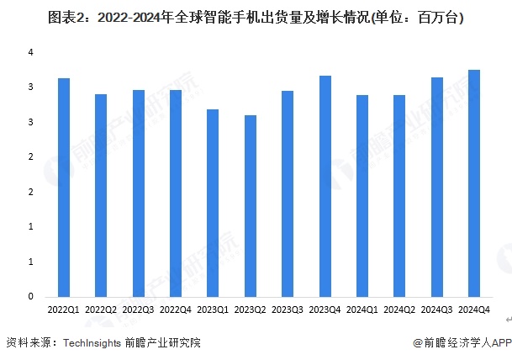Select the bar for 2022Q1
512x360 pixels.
63,188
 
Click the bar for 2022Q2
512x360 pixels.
101,195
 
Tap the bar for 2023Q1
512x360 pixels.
213,203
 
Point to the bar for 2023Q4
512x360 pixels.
325,186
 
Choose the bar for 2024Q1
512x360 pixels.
362,196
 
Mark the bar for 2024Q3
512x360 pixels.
437,187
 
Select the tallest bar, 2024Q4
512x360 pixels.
474,183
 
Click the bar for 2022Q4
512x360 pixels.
176,193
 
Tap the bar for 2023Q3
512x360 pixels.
288,193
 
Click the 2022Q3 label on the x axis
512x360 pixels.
138,310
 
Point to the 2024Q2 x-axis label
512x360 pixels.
399,310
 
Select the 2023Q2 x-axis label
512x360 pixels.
250,310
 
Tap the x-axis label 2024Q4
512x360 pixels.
474,310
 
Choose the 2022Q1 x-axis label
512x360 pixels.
63,310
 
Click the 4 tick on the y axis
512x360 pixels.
30,52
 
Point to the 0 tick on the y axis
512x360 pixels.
30,297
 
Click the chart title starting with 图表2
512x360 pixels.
256,16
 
